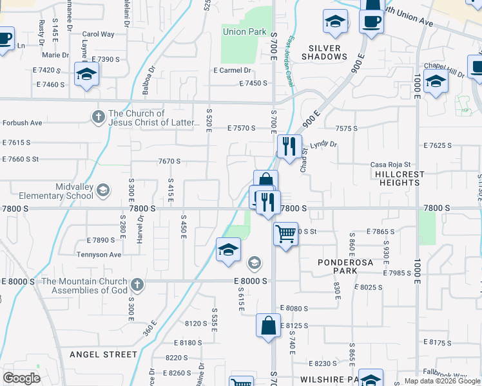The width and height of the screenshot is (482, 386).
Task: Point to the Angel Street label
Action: (103, 354)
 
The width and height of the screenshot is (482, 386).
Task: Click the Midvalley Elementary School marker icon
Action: (104, 190)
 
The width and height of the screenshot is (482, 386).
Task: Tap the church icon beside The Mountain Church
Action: (137, 284)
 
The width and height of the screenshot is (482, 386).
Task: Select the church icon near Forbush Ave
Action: (98, 116)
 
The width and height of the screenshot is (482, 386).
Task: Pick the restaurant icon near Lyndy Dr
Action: (289, 146)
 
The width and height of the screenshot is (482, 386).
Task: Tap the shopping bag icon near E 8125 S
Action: (268, 326)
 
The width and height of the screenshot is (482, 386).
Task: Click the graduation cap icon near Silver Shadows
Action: (334, 22)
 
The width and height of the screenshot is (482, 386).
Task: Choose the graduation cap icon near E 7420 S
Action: (86, 74)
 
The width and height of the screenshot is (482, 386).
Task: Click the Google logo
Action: (21, 378)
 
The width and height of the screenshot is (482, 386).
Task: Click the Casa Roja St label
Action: (390, 165)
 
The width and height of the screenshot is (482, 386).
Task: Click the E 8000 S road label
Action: (250, 281)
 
